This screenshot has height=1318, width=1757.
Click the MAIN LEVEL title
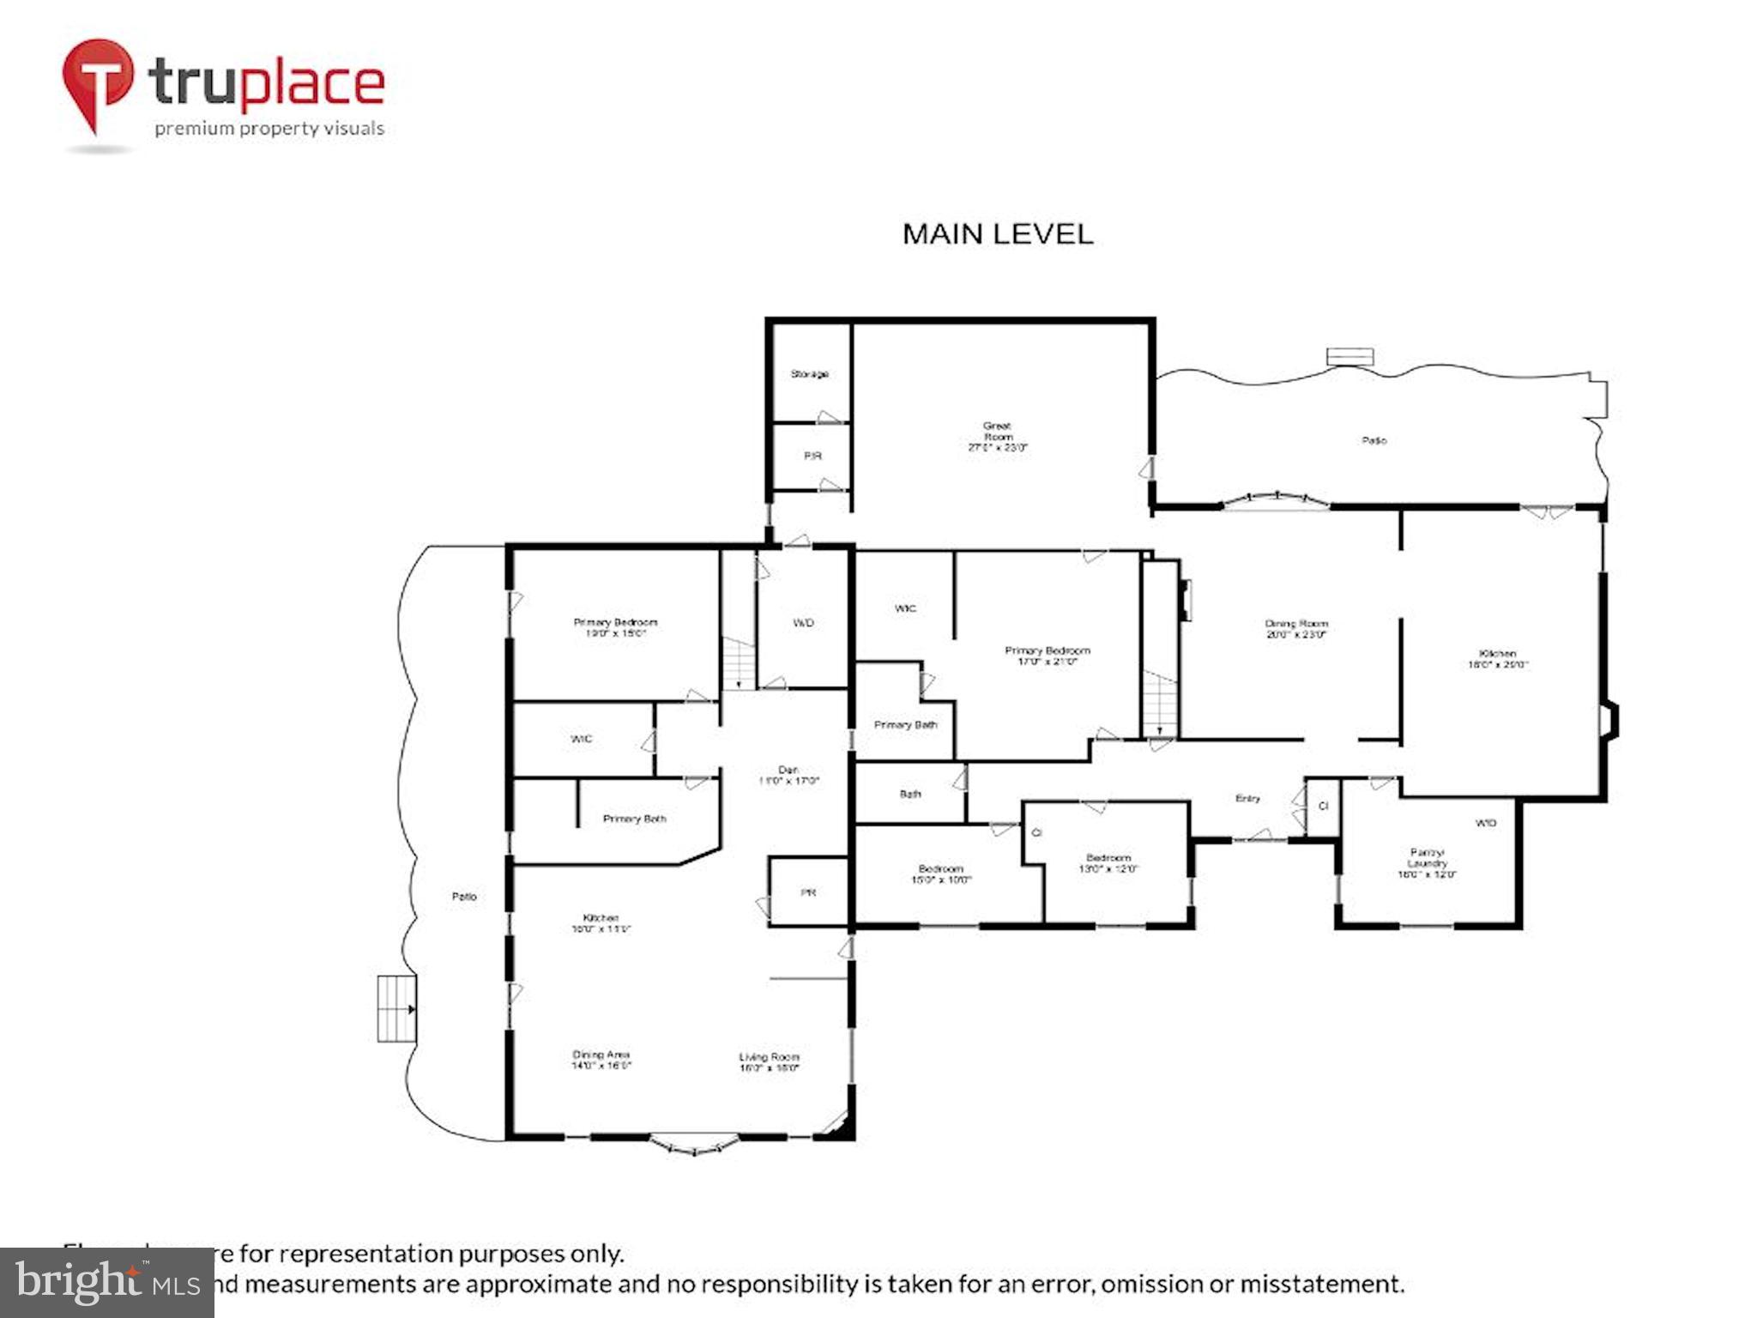(x=998, y=234)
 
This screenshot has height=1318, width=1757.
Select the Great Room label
(x=997, y=436)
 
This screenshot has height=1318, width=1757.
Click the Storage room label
(x=809, y=374)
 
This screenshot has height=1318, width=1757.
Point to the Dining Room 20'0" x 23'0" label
(x=1296, y=629)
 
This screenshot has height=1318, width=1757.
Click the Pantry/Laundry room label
(x=1427, y=863)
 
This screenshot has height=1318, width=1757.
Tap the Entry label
(x=1247, y=798)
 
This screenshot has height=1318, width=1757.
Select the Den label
(x=788, y=775)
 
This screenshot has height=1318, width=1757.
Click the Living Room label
(x=769, y=1062)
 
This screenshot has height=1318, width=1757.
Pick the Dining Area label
(x=601, y=1060)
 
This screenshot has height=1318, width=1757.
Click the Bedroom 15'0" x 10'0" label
(x=940, y=874)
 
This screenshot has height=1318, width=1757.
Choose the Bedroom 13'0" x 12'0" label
(x=1108, y=862)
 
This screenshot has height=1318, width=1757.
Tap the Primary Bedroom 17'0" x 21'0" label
(x=1047, y=656)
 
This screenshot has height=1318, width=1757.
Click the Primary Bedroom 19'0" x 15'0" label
(x=615, y=627)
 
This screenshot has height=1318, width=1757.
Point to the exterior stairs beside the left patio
(x=397, y=1008)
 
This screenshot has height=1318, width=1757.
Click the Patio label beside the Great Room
(x=1374, y=440)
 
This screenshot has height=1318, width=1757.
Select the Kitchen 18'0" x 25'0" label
(x=1498, y=658)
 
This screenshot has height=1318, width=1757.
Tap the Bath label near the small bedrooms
(x=910, y=794)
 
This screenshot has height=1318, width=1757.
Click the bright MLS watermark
(x=106, y=1283)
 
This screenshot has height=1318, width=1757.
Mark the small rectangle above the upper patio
(x=1350, y=356)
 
